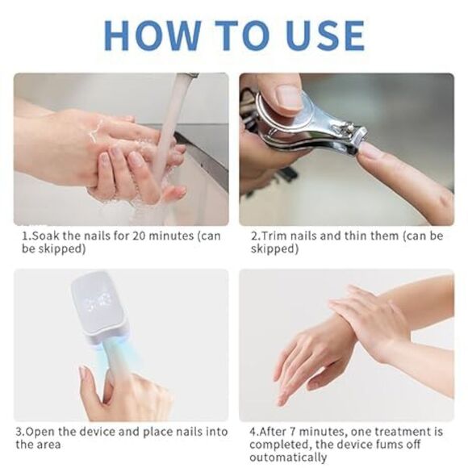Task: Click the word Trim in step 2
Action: [271, 236]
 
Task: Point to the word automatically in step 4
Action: [286, 457]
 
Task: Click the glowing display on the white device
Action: [101, 304]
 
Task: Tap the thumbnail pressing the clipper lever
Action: [288, 98]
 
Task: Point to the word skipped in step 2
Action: [274, 249]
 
